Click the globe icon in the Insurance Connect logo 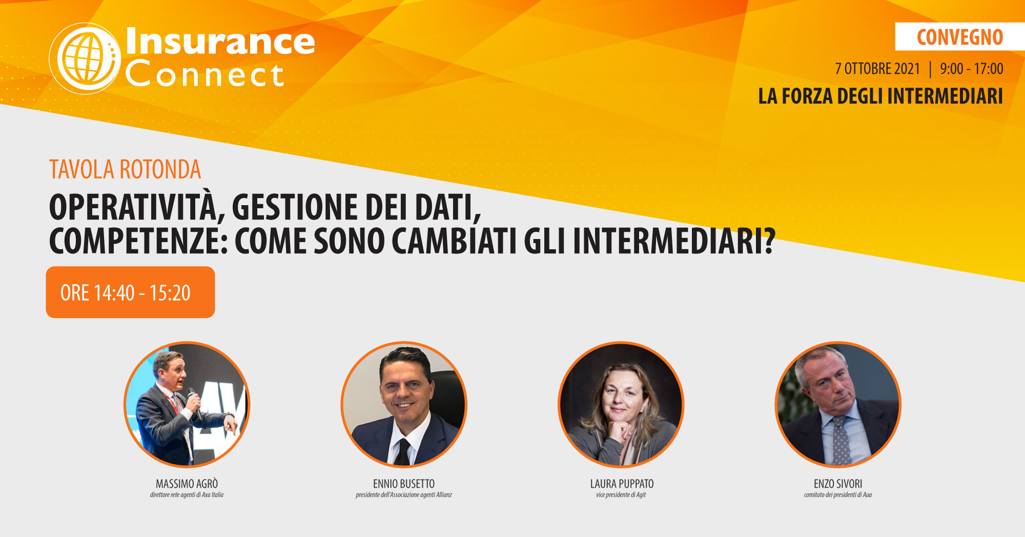click(85, 58)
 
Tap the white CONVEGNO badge click(960, 37)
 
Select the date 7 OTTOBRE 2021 click(877, 69)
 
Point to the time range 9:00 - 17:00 click(971, 69)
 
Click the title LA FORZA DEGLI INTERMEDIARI click(880, 96)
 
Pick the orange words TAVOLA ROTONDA click(125, 170)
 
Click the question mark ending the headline click(769, 241)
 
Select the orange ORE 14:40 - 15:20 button click(130, 292)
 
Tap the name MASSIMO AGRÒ click(187, 484)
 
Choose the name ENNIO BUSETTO click(404, 484)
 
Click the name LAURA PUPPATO click(622, 484)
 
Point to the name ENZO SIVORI click(838, 484)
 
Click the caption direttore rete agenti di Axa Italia click(187, 495)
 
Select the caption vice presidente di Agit click(621, 495)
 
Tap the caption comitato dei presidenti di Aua click(838, 495)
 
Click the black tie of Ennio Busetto click(403, 452)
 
